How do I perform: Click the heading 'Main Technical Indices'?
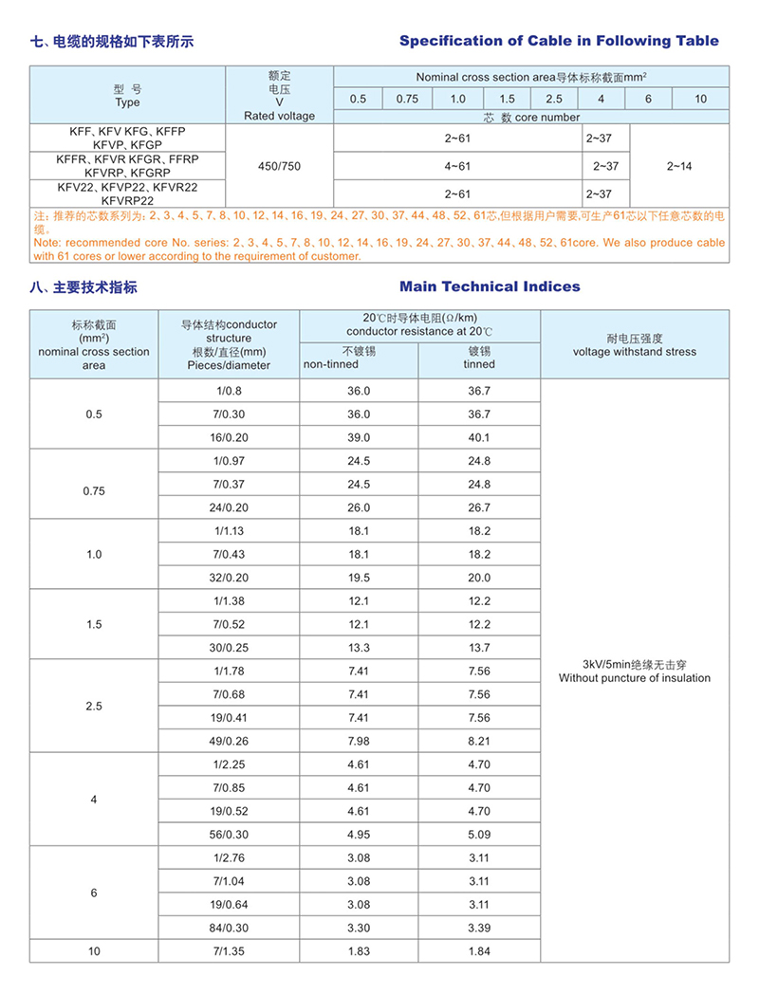click(490, 286)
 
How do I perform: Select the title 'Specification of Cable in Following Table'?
click(559, 41)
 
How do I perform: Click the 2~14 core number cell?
click(679, 166)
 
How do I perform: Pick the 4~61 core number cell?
click(457, 166)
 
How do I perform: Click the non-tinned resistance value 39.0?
click(359, 437)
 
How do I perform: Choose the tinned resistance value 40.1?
click(479, 437)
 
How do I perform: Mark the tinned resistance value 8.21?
click(479, 741)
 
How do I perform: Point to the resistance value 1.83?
click(359, 950)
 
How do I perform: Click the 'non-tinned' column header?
click(331, 364)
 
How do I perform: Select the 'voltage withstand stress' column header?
click(634, 352)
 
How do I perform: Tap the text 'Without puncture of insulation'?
click(634, 678)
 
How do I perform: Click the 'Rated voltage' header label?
click(279, 116)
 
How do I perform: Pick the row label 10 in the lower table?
click(94, 950)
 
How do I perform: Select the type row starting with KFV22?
click(127, 187)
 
